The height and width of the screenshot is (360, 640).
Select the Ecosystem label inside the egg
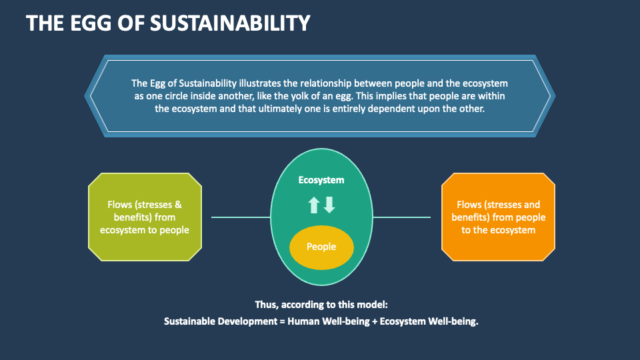[x=321, y=180]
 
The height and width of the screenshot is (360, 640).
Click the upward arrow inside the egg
[x=314, y=205]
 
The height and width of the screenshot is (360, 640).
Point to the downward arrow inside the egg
[x=329, y=205]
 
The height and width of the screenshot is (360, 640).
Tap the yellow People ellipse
[x=321, y=247]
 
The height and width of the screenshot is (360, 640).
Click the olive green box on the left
[x=145, y=217]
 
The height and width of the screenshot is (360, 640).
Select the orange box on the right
[x=498, y=217]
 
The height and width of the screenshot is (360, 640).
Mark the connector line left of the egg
[x=241, y=217]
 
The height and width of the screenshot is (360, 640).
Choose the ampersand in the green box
[x=178, y=205]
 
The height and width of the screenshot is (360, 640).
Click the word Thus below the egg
[x=266, y=305]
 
